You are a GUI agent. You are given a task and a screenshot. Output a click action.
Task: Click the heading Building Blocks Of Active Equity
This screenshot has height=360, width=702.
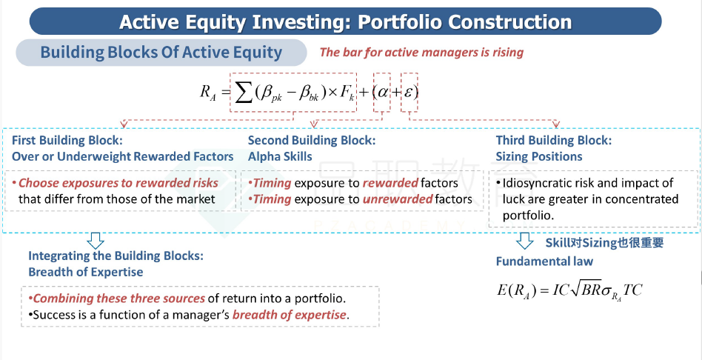[x=161, y=53]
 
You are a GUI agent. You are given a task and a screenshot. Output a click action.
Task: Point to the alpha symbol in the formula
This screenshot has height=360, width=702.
[x=382, y=92]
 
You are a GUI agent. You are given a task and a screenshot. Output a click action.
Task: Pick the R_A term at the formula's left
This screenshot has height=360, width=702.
[x=208, y=93]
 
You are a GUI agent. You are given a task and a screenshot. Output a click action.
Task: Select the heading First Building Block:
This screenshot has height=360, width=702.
[x=67, y=140]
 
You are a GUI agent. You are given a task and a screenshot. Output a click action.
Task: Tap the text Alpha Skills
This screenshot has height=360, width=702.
[x=280, y=156]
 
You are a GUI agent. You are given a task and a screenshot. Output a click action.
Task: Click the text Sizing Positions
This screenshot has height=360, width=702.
[x=539, y=156]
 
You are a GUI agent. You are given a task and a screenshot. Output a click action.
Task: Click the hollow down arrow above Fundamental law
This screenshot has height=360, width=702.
[x=525, y=241]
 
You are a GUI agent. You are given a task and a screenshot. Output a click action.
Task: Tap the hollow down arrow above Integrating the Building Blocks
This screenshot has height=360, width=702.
[x=96, y=241]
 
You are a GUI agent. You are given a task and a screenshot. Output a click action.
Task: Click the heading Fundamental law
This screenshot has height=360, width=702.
[x=544, y=261]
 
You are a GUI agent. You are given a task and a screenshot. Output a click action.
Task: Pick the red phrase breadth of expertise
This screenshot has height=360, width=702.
[x=290, y=315]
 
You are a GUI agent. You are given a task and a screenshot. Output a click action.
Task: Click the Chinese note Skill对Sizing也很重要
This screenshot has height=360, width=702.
[x=604, y=243]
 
